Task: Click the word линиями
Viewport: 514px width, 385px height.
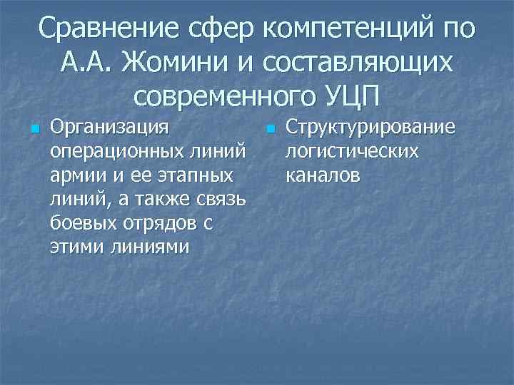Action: [x=147, y=247]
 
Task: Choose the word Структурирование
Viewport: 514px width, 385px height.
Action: [x=369, y=128]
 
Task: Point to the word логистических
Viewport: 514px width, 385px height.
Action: [x=352, y=152]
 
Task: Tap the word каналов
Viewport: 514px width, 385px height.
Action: [x=323, y=175]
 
